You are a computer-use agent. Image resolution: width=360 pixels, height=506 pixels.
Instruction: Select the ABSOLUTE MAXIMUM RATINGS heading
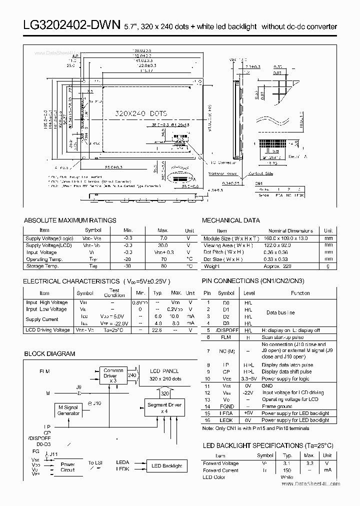click(x=70, y=220)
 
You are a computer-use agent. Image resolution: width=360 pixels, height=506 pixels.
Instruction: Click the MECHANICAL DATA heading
click(x=230, y=220)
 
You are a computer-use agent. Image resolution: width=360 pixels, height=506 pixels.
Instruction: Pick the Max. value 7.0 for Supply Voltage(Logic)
click(x=162, y=238)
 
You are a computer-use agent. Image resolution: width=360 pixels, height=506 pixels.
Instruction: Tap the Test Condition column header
click(x=114, y=292)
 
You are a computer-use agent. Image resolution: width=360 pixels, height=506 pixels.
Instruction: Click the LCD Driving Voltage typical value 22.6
click(x=158, y=330)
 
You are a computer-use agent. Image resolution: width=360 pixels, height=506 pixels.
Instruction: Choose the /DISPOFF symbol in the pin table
click(x=226, y=330)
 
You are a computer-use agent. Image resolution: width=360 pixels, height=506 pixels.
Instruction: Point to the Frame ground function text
click(x=276, y=406)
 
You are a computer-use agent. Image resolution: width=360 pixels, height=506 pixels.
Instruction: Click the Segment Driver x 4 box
click(x=164, y=407)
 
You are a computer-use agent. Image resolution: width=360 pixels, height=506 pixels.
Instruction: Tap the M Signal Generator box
click(x=68, y=410)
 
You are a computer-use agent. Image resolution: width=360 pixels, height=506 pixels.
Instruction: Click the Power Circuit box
click(x=67, y=467)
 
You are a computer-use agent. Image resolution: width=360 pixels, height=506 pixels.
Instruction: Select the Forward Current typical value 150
click(x=287, y=470)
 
